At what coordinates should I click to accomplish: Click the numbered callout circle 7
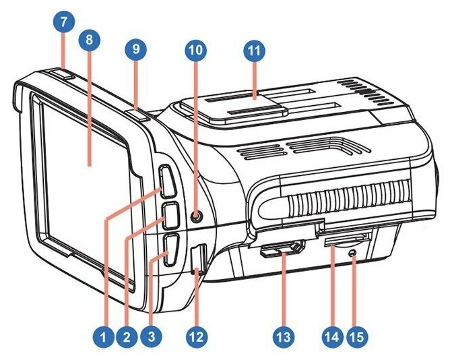pos(63,21)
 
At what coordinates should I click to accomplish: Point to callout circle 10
pos(195,49)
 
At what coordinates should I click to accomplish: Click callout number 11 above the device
pos(255,49)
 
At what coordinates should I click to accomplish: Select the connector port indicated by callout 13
pos(282,250)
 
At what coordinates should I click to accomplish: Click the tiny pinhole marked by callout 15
pos(354,253)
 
